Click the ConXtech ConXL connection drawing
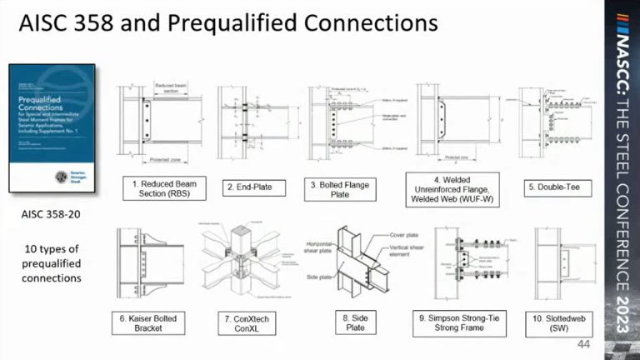[x=246, y=262]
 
